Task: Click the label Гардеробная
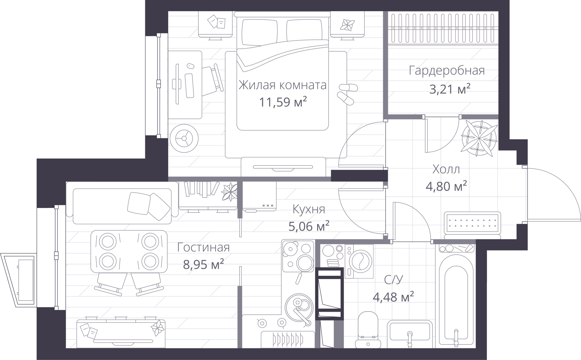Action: (x=447, y=71)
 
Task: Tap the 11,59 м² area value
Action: (x=283, y=102)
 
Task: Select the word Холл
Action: (x=446, y=170)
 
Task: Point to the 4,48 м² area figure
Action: (x=393, y=297)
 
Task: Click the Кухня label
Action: (x=309, y=209)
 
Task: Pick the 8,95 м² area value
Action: (x=203, y=265)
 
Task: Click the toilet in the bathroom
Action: (x=368, y=330)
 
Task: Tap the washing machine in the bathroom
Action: (x=359, y=261)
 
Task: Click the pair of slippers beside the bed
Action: (x=347, y=94)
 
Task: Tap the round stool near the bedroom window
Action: (x=184, y=138)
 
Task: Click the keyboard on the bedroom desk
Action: (x=189, y=86)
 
